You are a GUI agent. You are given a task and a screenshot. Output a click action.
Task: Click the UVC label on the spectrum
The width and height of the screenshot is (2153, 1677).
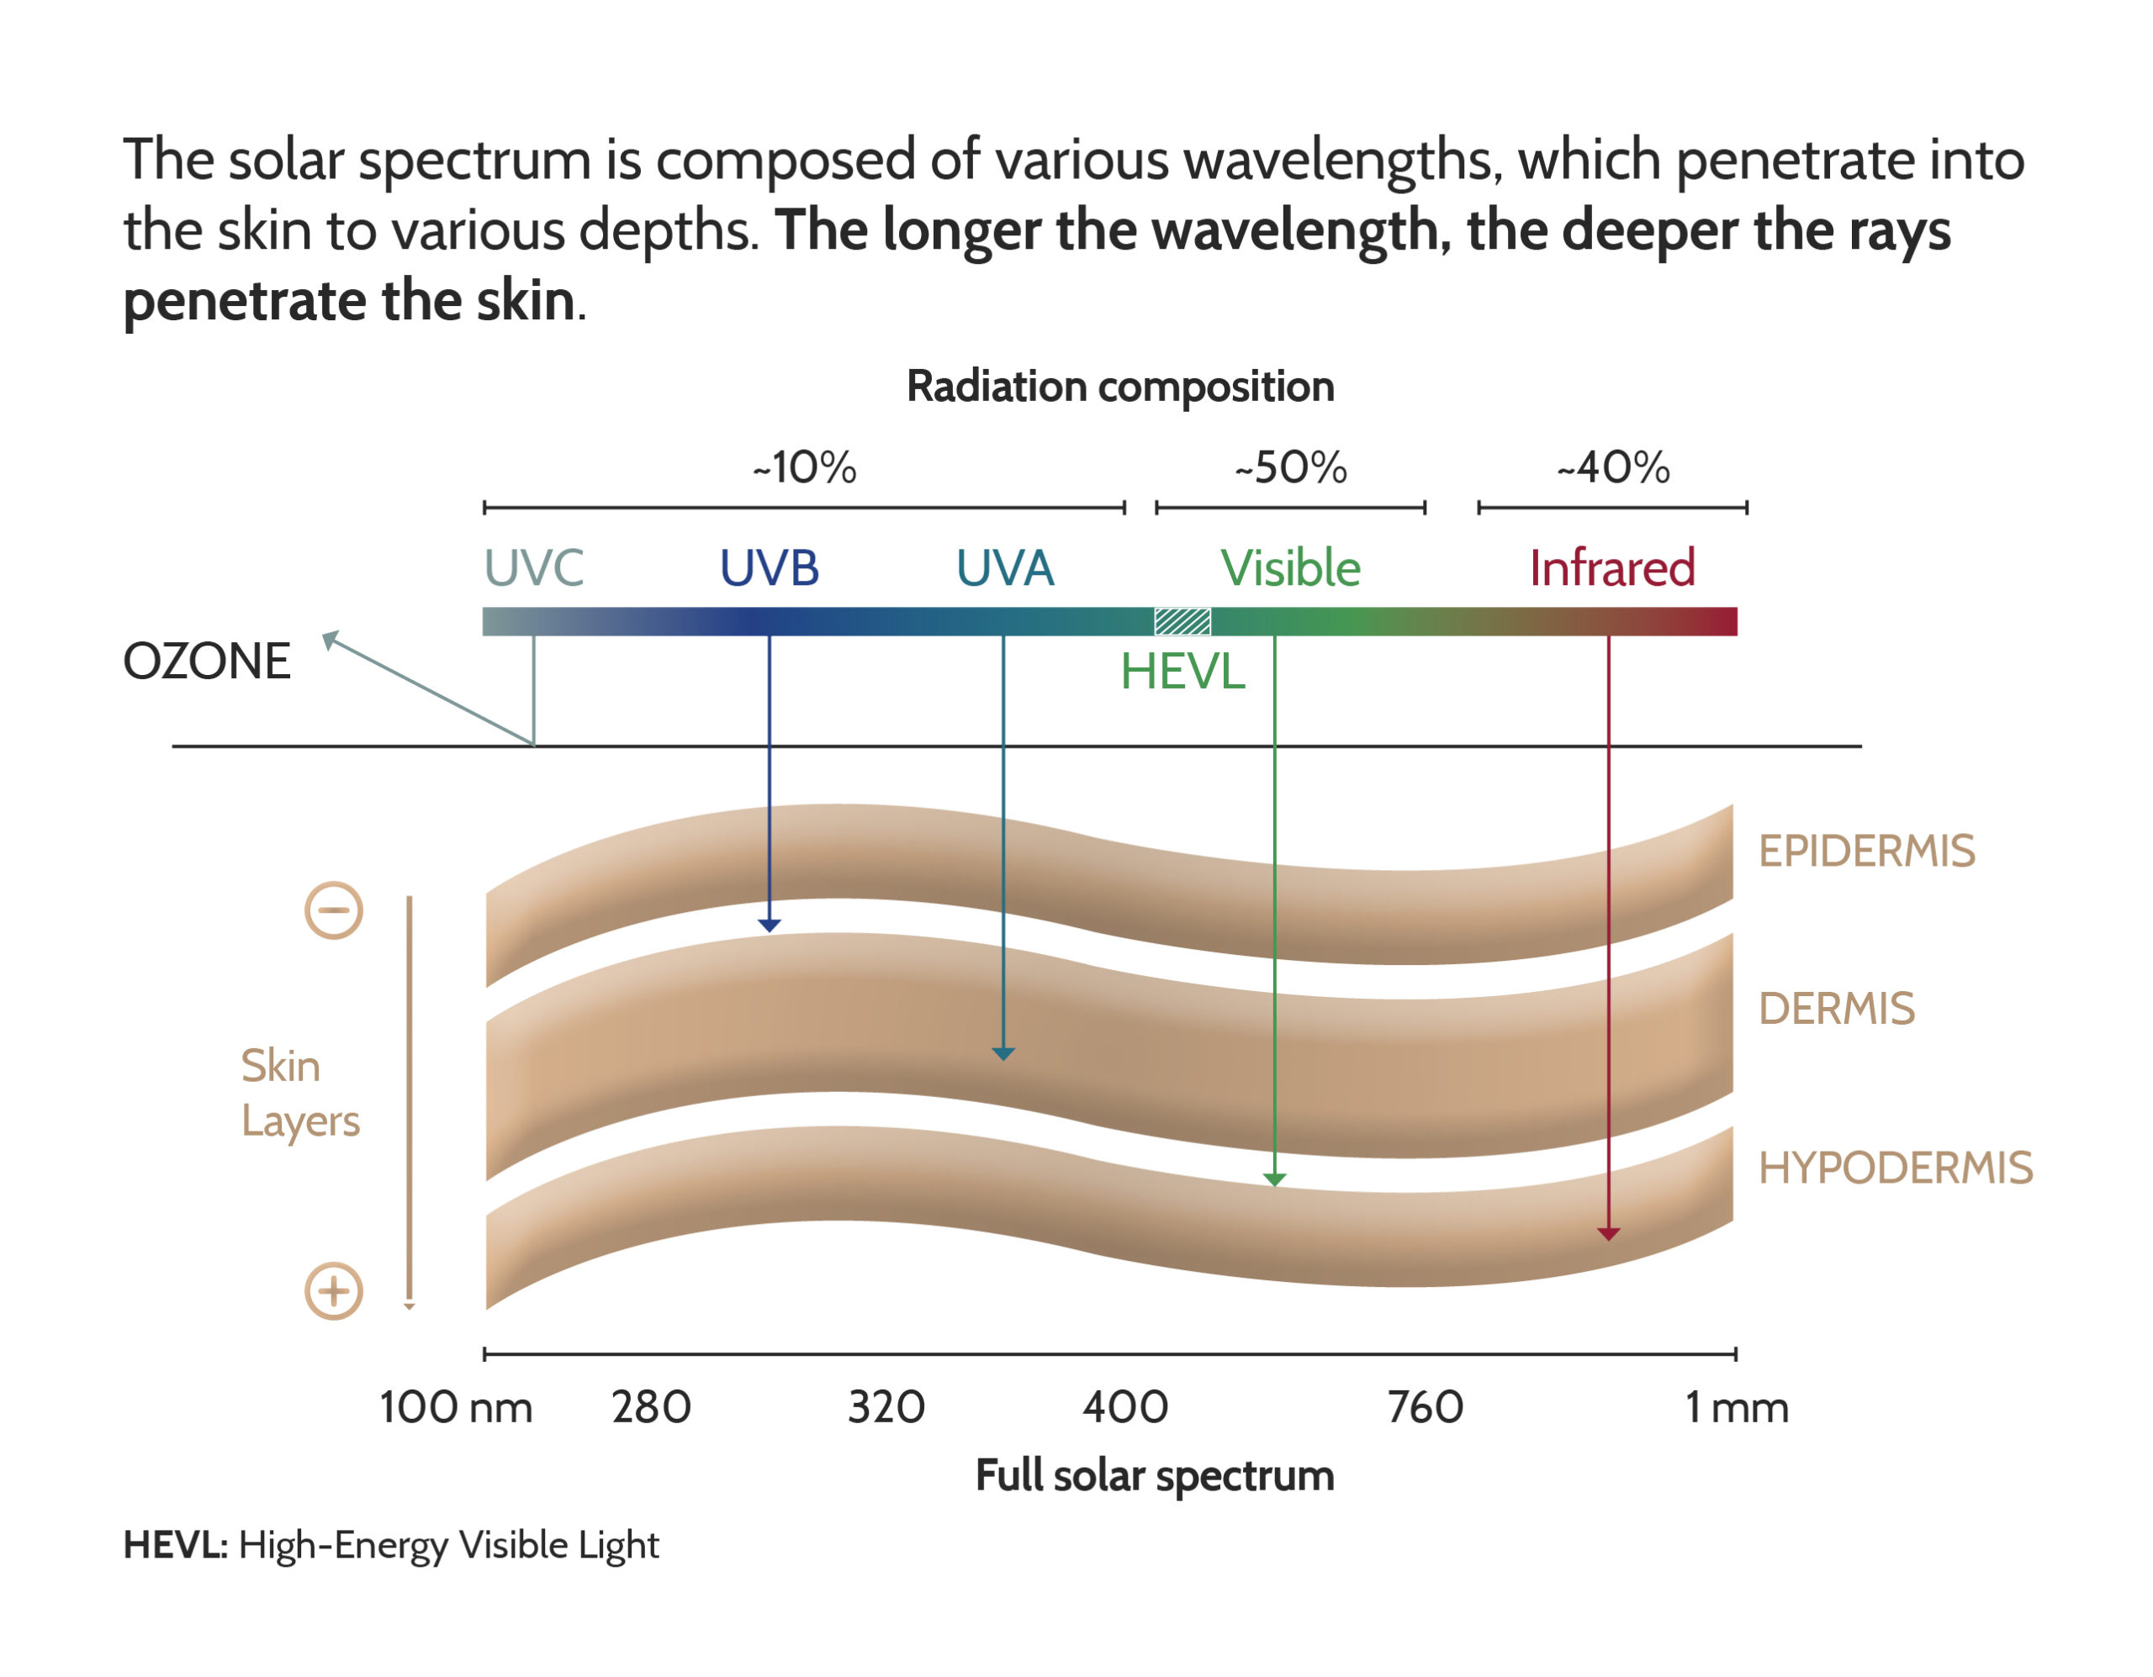[533, 567]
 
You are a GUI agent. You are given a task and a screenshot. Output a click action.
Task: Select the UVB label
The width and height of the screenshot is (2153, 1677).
[769, 567]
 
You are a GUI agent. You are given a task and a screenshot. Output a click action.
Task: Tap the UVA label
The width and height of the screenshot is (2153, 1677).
[1004, 567]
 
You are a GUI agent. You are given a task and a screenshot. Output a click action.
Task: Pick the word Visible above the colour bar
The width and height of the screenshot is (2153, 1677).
[1290, 567]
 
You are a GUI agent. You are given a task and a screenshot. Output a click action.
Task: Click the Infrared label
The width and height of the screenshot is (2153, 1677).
[1611, 567]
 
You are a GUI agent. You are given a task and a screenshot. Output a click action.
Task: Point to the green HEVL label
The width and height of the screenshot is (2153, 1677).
[1183, 672]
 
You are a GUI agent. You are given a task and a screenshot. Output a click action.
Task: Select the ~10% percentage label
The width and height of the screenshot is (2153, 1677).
[804, 467]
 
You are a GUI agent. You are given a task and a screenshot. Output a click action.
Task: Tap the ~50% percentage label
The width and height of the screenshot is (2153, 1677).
[1290, 467]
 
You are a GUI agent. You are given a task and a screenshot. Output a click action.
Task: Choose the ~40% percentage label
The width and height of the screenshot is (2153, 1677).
[1613, 467]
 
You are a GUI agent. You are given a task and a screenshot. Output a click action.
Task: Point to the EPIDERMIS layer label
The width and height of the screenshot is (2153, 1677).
[1866, 852]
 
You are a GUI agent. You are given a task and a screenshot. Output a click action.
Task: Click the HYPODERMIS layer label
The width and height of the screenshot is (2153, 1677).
[1896, 1168]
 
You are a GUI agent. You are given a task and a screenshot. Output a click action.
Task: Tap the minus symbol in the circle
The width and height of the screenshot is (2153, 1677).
[333, 910]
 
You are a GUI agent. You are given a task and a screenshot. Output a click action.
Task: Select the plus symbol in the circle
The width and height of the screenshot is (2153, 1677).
[333, 1291]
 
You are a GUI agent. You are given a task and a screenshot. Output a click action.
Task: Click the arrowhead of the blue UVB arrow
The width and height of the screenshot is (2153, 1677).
[769, 926]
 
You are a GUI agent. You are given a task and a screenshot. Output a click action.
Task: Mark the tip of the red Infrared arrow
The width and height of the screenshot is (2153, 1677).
[1608, 1241]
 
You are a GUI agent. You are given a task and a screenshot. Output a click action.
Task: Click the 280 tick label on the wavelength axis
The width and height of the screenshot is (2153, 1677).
[651, 1407]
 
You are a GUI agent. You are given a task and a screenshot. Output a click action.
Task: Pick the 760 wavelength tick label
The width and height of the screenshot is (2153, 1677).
[1425, 1407]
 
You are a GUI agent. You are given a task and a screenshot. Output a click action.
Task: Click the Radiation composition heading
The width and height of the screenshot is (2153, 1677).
[1120, 386]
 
